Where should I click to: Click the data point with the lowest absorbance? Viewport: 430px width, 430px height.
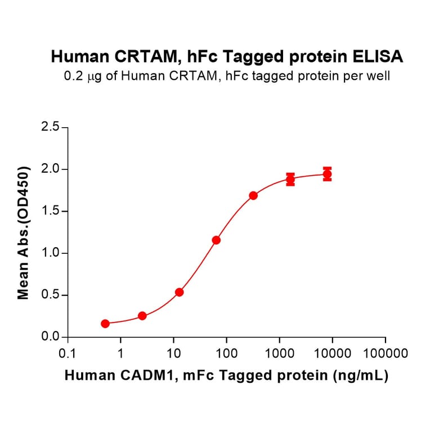pyautogui.click(x=105, y=324)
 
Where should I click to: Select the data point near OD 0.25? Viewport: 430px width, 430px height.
pyautogui.click(x=142, y=316)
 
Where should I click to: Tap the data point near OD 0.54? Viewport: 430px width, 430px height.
pyautogui.click(x=179, y=292)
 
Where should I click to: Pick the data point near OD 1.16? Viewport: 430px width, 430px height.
pyautogui.click(x=216, y=240)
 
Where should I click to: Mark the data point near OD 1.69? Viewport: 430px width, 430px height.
pyautogui.click(x=253, y=195)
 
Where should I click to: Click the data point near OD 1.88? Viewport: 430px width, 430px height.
pyautogui.click(x=290, y=180)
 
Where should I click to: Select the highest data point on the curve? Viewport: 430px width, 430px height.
pyautogui.click(x=327, y=174)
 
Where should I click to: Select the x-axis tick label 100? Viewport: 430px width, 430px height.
pyautogui.click(x=226, y=355)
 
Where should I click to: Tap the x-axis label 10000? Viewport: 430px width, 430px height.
pyautogui.click(x=332, y=355)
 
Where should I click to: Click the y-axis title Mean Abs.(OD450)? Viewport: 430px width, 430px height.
pyautogui.click(x=24, y=232)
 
